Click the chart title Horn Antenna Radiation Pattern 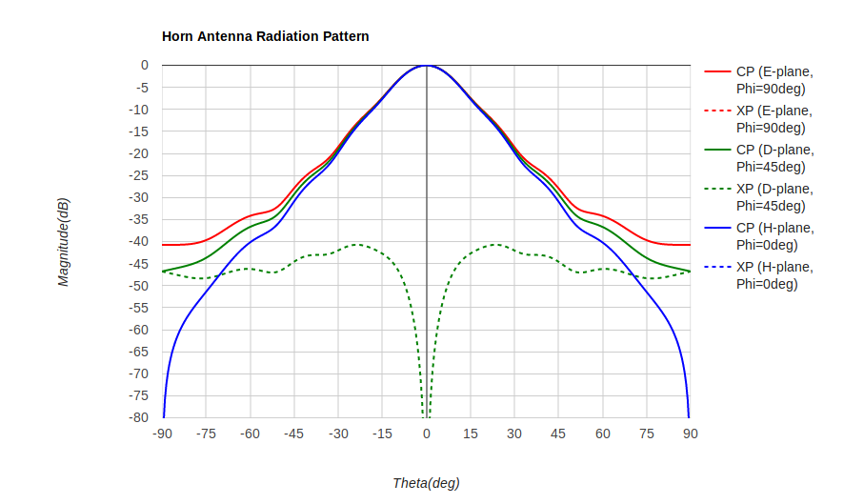265,36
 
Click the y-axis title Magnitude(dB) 64,242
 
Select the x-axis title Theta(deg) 426,483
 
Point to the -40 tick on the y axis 139,242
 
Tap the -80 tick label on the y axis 139,417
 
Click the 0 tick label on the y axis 145,66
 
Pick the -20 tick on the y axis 139,153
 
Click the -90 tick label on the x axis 163,433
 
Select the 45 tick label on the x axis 558,433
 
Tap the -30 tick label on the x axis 338,433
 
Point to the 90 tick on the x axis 690,433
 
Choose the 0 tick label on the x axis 426,433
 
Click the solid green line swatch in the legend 717,151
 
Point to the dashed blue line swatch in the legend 717,268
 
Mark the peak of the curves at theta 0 426,66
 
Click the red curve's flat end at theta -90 165,245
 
